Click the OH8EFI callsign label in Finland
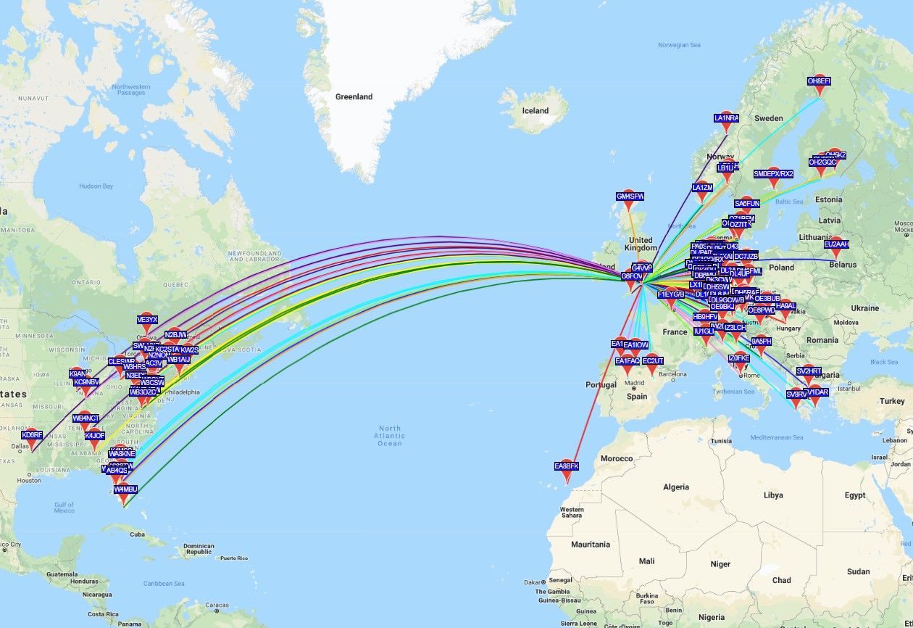click(820, 81)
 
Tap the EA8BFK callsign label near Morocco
click(567, 466)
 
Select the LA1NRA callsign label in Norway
click(726, 117)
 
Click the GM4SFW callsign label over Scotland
click(630, 197)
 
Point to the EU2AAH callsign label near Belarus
click(836, 244)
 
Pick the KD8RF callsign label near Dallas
click(32, 435)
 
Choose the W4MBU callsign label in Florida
click(125, 489)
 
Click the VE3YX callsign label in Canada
click(147, 320)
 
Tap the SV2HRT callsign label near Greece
click(809, 371)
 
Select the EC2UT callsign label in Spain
click(653, 361)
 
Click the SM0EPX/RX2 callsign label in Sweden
click(773, 174)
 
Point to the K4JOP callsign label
click(95, 436)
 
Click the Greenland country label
click(354, 96)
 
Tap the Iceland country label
click(535, 111)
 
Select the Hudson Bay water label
click(96, 186)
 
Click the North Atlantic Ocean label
click(389, 435)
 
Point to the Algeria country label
click(676, 487)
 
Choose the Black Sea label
click(883, 362)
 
